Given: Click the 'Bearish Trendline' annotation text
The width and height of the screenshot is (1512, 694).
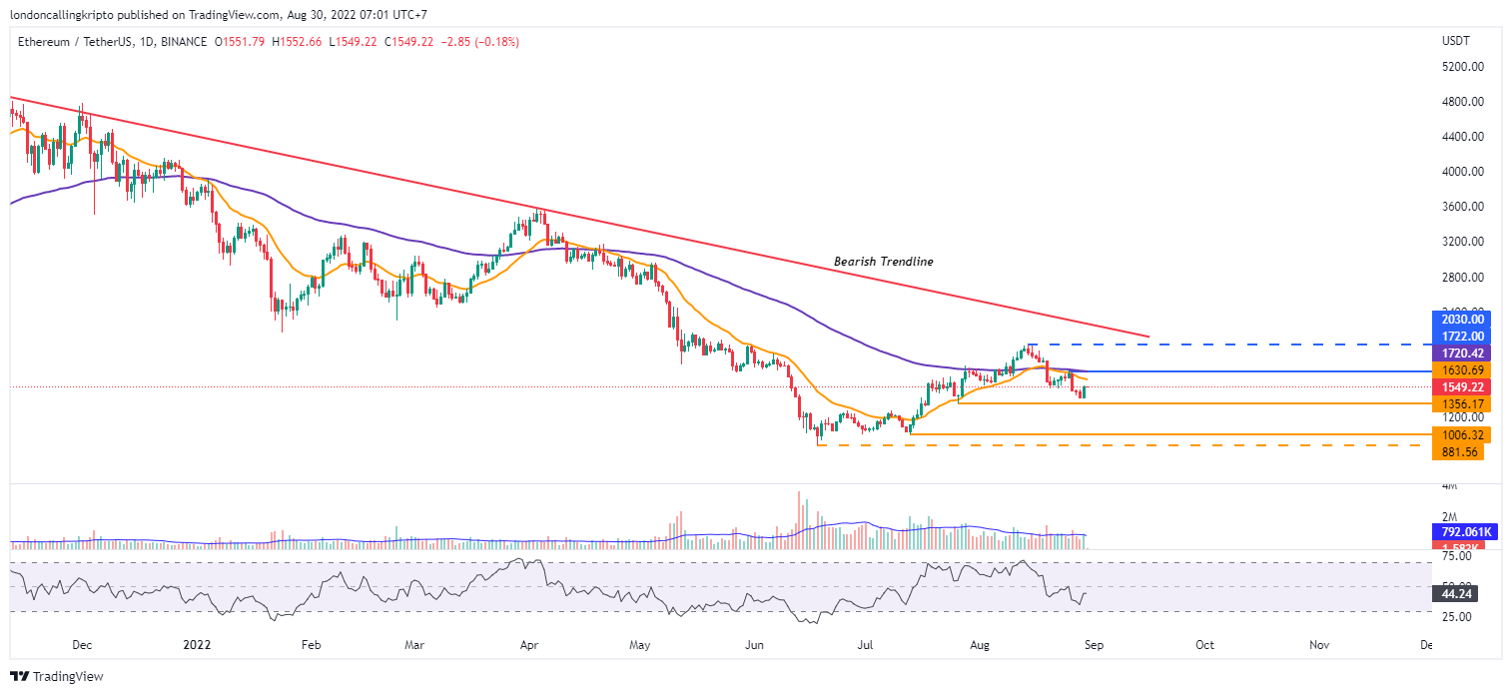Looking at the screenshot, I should point(884,262).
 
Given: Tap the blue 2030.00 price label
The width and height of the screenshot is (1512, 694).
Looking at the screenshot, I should point(1461,320).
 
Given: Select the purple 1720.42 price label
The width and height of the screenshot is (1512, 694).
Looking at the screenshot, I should point(1461,353).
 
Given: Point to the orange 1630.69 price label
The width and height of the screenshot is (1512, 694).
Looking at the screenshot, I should point(1461,370).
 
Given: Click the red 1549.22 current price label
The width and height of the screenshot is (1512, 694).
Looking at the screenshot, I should point(1461,386).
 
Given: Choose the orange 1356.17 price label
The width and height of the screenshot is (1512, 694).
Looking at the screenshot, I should point(1461,403).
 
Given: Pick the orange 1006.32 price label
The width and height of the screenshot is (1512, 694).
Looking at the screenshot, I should point(1461,435).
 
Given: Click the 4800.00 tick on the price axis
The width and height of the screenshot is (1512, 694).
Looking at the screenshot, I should point(1461,102).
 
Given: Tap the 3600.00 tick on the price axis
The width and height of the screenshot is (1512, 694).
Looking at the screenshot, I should point(1461,207).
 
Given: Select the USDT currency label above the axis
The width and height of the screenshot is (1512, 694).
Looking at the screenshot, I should point(1452,41).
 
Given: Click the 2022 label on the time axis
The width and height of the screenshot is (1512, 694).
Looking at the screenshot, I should point(197,646).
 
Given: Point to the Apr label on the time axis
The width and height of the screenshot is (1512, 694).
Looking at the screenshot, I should point(529,646).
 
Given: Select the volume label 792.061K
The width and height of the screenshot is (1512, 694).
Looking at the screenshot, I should point(1461,532).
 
